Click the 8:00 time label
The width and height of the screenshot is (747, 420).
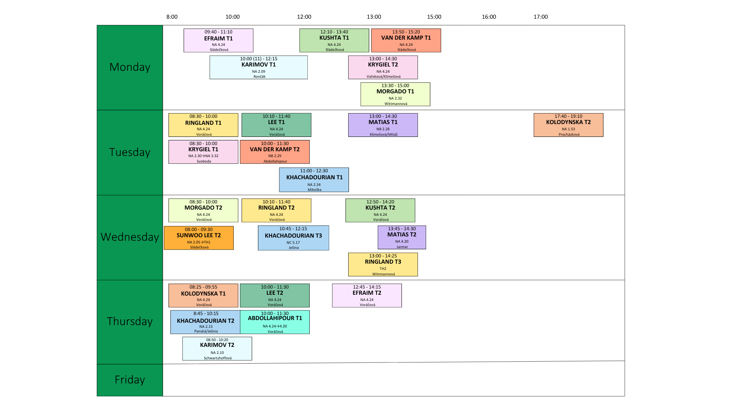172,17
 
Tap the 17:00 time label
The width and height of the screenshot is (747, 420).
540,17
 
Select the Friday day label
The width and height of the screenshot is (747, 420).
130,380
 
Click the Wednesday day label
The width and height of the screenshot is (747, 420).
130,237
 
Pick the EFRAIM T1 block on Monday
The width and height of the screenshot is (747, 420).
218,40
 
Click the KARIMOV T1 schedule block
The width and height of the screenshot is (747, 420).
258,67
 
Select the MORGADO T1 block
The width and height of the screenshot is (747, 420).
395,94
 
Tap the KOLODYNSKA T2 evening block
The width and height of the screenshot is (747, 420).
568,125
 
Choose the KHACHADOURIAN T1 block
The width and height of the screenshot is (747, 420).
314,180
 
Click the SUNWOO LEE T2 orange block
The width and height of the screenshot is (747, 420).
198,238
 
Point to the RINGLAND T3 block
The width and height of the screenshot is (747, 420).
383,264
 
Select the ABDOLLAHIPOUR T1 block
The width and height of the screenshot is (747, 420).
275,322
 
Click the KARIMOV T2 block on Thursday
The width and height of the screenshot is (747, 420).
217,348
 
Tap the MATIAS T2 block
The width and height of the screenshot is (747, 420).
402,237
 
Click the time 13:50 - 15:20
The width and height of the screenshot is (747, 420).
406,32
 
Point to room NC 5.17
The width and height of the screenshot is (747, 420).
293,243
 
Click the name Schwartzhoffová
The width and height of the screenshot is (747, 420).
217,358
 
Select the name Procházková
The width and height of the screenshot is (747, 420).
569,135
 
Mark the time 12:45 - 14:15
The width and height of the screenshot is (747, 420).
366,287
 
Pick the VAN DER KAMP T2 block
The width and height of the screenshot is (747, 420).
275,152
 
